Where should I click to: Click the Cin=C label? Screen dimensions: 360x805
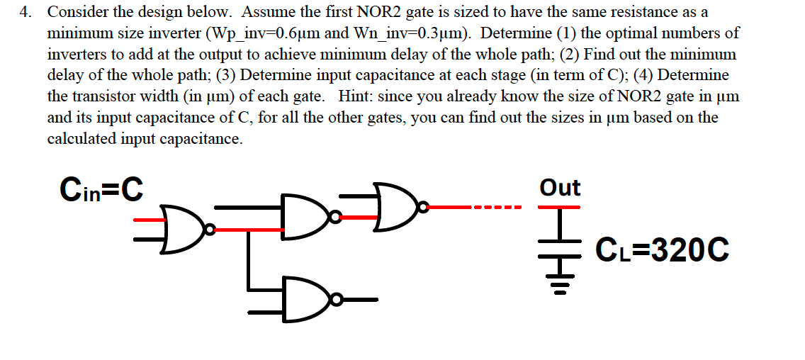[102, 189]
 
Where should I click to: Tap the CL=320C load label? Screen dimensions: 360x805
[663, 250]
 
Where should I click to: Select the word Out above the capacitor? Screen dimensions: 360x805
[559, 188]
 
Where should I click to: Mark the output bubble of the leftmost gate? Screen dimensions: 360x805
[208, 228]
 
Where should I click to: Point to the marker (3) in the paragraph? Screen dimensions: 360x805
[228, 76]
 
